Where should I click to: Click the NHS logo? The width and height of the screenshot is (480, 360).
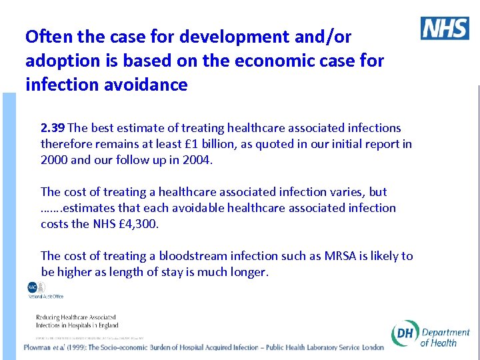coord(445,29)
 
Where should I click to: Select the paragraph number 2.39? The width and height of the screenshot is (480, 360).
coord(53,128)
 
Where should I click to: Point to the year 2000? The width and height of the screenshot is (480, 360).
coord(54,160)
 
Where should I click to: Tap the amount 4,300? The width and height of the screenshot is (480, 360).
coord(141,224)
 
